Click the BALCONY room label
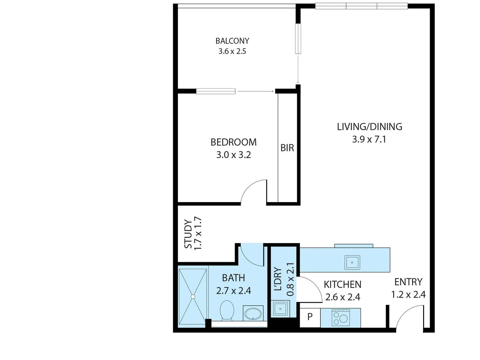pyautogui.click(x=232, y=41)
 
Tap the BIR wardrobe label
pyautogui.click(x=287, y=148)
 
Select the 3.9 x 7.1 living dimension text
pyautogui.click(x=369, y=139)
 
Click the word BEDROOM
pyautogui.click(x=234, y=142)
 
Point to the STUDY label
pyautogui.click(x=188, y=234)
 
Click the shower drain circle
pyautogui.click(x=193, y=297)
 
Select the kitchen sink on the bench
pyautogui.click(x=352, y=262)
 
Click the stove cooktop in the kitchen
pyautogui.click(x=340, y=317)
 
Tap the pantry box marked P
pyautogui.click(x=310, y=318)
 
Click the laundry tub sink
pyautogui.click(x=280, y=309)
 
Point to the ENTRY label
pyautogui.click(x=408, y=282)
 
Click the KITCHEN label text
pyautogui.click(x=342, y=284)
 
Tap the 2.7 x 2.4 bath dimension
pyautogui.click(x=234, y=291)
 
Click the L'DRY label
pyautogui.click(x=277, y=279)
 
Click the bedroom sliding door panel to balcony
pyautogui.click(x=216, y=91)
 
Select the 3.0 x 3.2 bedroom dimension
pyautogui.click(x=234, y=155)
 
